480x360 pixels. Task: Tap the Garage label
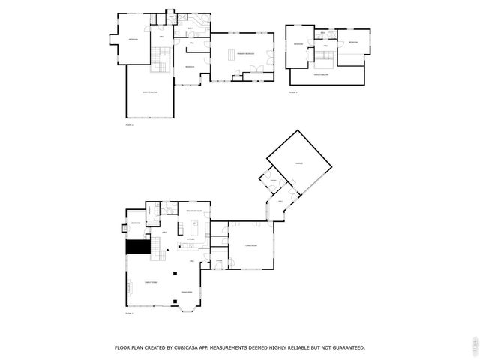tap(298, 163)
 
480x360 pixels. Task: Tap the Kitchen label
tap(190, 238)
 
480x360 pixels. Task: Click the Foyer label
tap(218, 261)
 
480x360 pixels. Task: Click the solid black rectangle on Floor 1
tap(136, 245)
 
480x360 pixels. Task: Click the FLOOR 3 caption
tap(292, 92)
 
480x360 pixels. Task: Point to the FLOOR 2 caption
tap(130, 125)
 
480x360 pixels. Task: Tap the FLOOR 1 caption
tap(130, 313)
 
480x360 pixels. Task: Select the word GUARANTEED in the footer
tap(345, 347)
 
